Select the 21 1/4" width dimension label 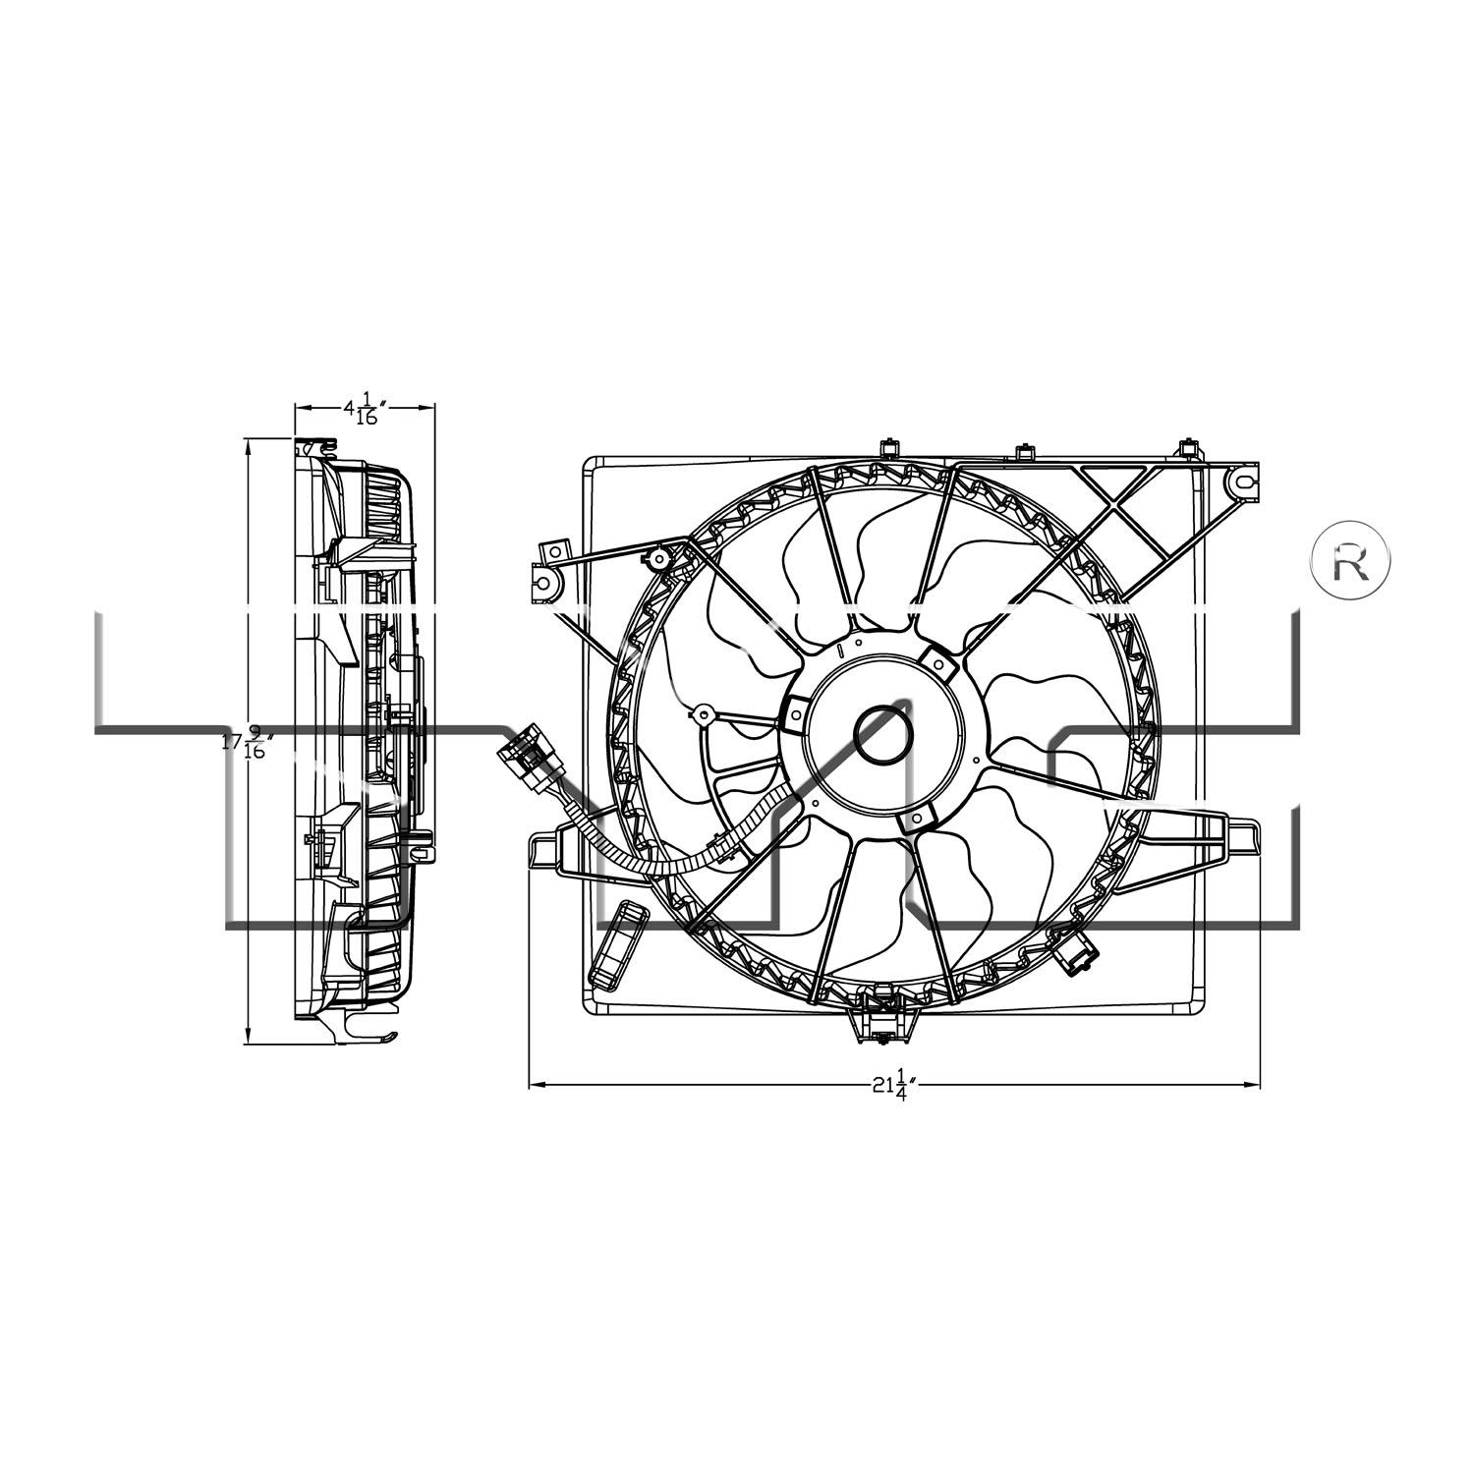click(x=893, y=1086)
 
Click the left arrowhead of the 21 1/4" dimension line click(x=537, y=1085)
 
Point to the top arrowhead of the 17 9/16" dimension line click(x=248, y=445)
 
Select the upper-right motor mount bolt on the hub click(x=938, y=665)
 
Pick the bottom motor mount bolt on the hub click(x=916, y=818)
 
